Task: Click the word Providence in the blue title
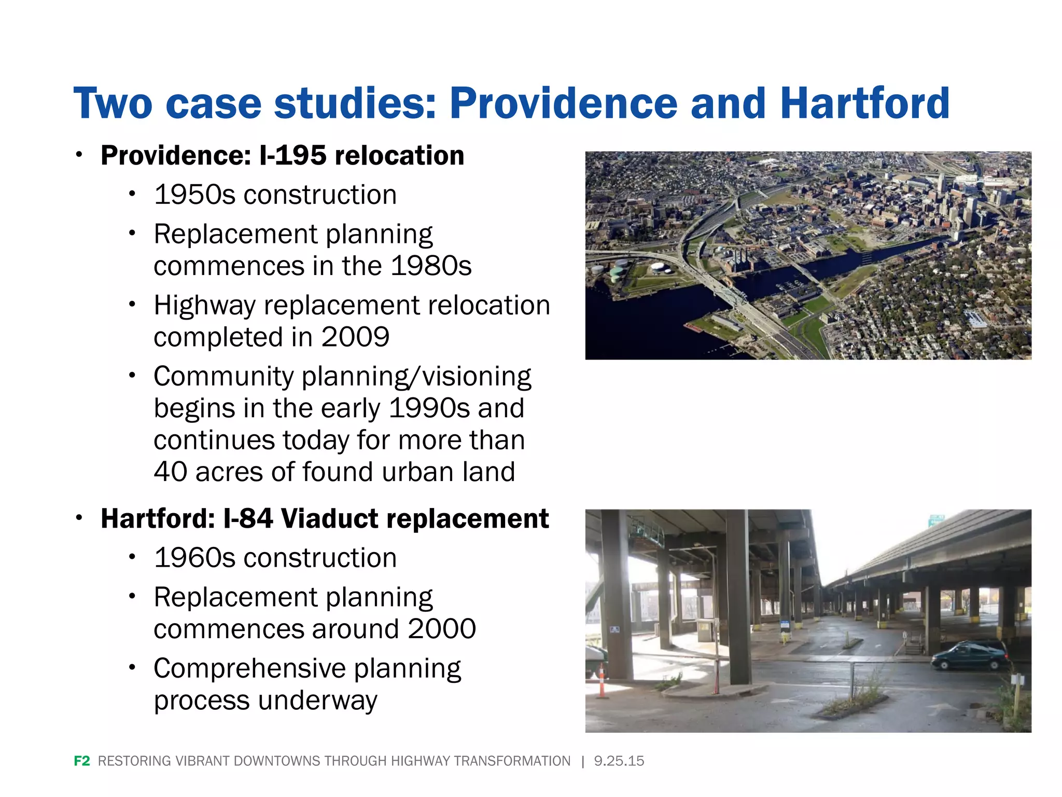point(563,103)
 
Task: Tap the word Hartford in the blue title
point(864,103)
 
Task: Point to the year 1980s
point(431,266)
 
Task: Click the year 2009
point(355,337)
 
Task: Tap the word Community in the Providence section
point(223,377)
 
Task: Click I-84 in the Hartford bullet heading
point(248,519)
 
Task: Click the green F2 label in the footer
point(82,761)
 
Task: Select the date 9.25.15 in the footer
point(619,761)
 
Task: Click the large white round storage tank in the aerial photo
point(660,267)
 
